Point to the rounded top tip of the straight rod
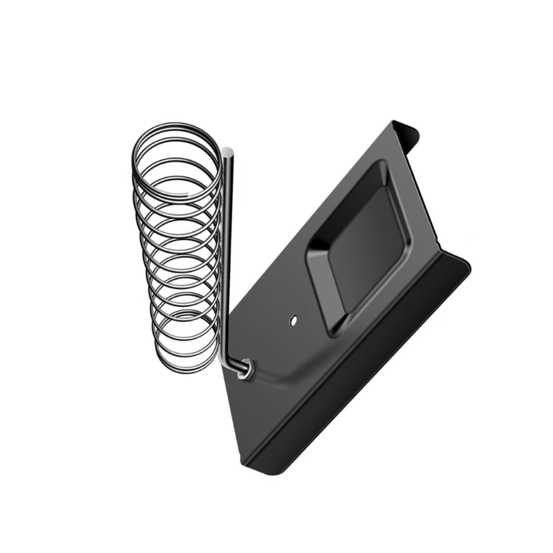227,151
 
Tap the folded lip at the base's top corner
408,130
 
